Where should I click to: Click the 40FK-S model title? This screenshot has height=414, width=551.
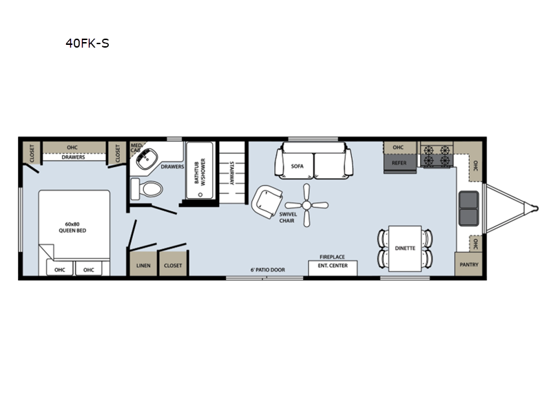pyautogui.click(x=87, y=43)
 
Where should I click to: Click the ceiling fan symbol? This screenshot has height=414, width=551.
pyautogui.click(x=306, y=205)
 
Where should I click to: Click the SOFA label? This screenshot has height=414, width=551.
pyautogui.click(x=298, y=166)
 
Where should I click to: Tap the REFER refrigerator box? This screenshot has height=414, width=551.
pyautogui.click(x=399, y=164)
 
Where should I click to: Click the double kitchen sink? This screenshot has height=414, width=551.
pyautogui.click(x=469, y=208)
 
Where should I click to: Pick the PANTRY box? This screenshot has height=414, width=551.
pyautogui.click(x=469, y=264)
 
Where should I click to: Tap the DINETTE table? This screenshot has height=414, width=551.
pyautogui.click(x=405, y=248)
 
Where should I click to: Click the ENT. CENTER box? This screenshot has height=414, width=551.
pyautogui.click(x=333, y=268)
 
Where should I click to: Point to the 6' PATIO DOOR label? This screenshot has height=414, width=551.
pyautogui.click(x=268, y=270)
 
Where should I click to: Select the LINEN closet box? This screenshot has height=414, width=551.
pyautogui.click(x=143, y=264)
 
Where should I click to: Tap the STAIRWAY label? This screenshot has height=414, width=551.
pyautogui.click(x=231, y=173)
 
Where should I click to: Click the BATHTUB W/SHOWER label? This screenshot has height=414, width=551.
pyautogui.click(x=200, y=171)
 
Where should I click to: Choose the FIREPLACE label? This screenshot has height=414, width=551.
pyautogui.click(x=332, y=257)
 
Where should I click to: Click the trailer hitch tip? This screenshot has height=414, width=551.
pyautogui.click(x=537, y=208)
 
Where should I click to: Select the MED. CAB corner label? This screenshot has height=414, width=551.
pyautogui.click(x=136, y=148)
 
